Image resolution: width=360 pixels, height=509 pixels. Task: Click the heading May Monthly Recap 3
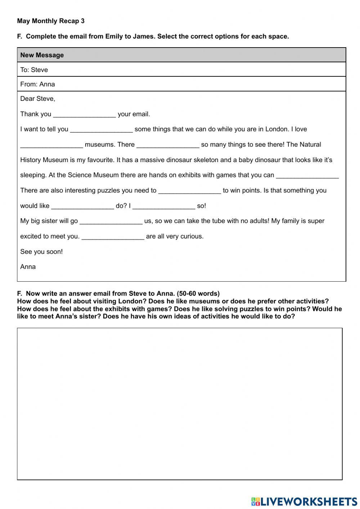[x=51, y=21]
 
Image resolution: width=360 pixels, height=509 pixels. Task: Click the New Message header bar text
[x=42, y=55]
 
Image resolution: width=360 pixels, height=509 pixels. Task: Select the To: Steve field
[x=34, y=70]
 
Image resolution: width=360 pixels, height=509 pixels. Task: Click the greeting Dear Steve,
[x=37, y=99]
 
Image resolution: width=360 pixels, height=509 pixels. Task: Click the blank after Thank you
[x=84, y=115]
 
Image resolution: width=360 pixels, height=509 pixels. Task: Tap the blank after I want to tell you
[x=101, y=130]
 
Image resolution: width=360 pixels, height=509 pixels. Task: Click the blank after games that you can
[x=307, y=176]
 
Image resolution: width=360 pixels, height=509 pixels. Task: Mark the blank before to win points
[x=189, y=191]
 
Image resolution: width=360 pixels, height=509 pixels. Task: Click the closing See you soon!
[x=41, y=252]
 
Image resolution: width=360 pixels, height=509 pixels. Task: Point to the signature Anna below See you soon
[x=28, y=267]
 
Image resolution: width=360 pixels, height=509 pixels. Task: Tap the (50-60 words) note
[x=198, y=294]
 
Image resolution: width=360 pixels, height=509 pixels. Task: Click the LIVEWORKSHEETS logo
[x=304, y=501]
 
